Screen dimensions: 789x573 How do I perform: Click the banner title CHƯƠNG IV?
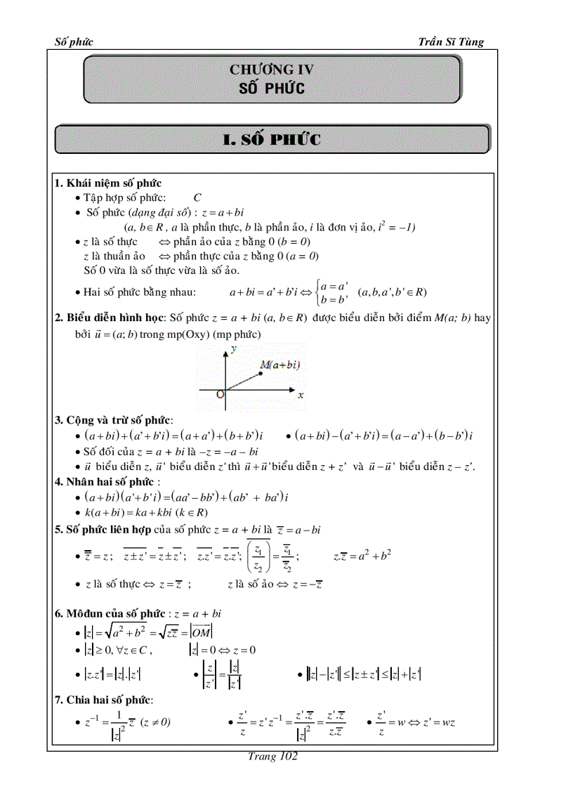coord(272,70)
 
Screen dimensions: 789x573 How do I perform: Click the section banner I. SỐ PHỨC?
coord(272,140)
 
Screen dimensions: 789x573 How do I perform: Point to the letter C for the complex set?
coord(197,198)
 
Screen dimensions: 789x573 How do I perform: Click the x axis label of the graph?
coord(301,396)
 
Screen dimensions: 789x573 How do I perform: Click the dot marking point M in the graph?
coord(261,374)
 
